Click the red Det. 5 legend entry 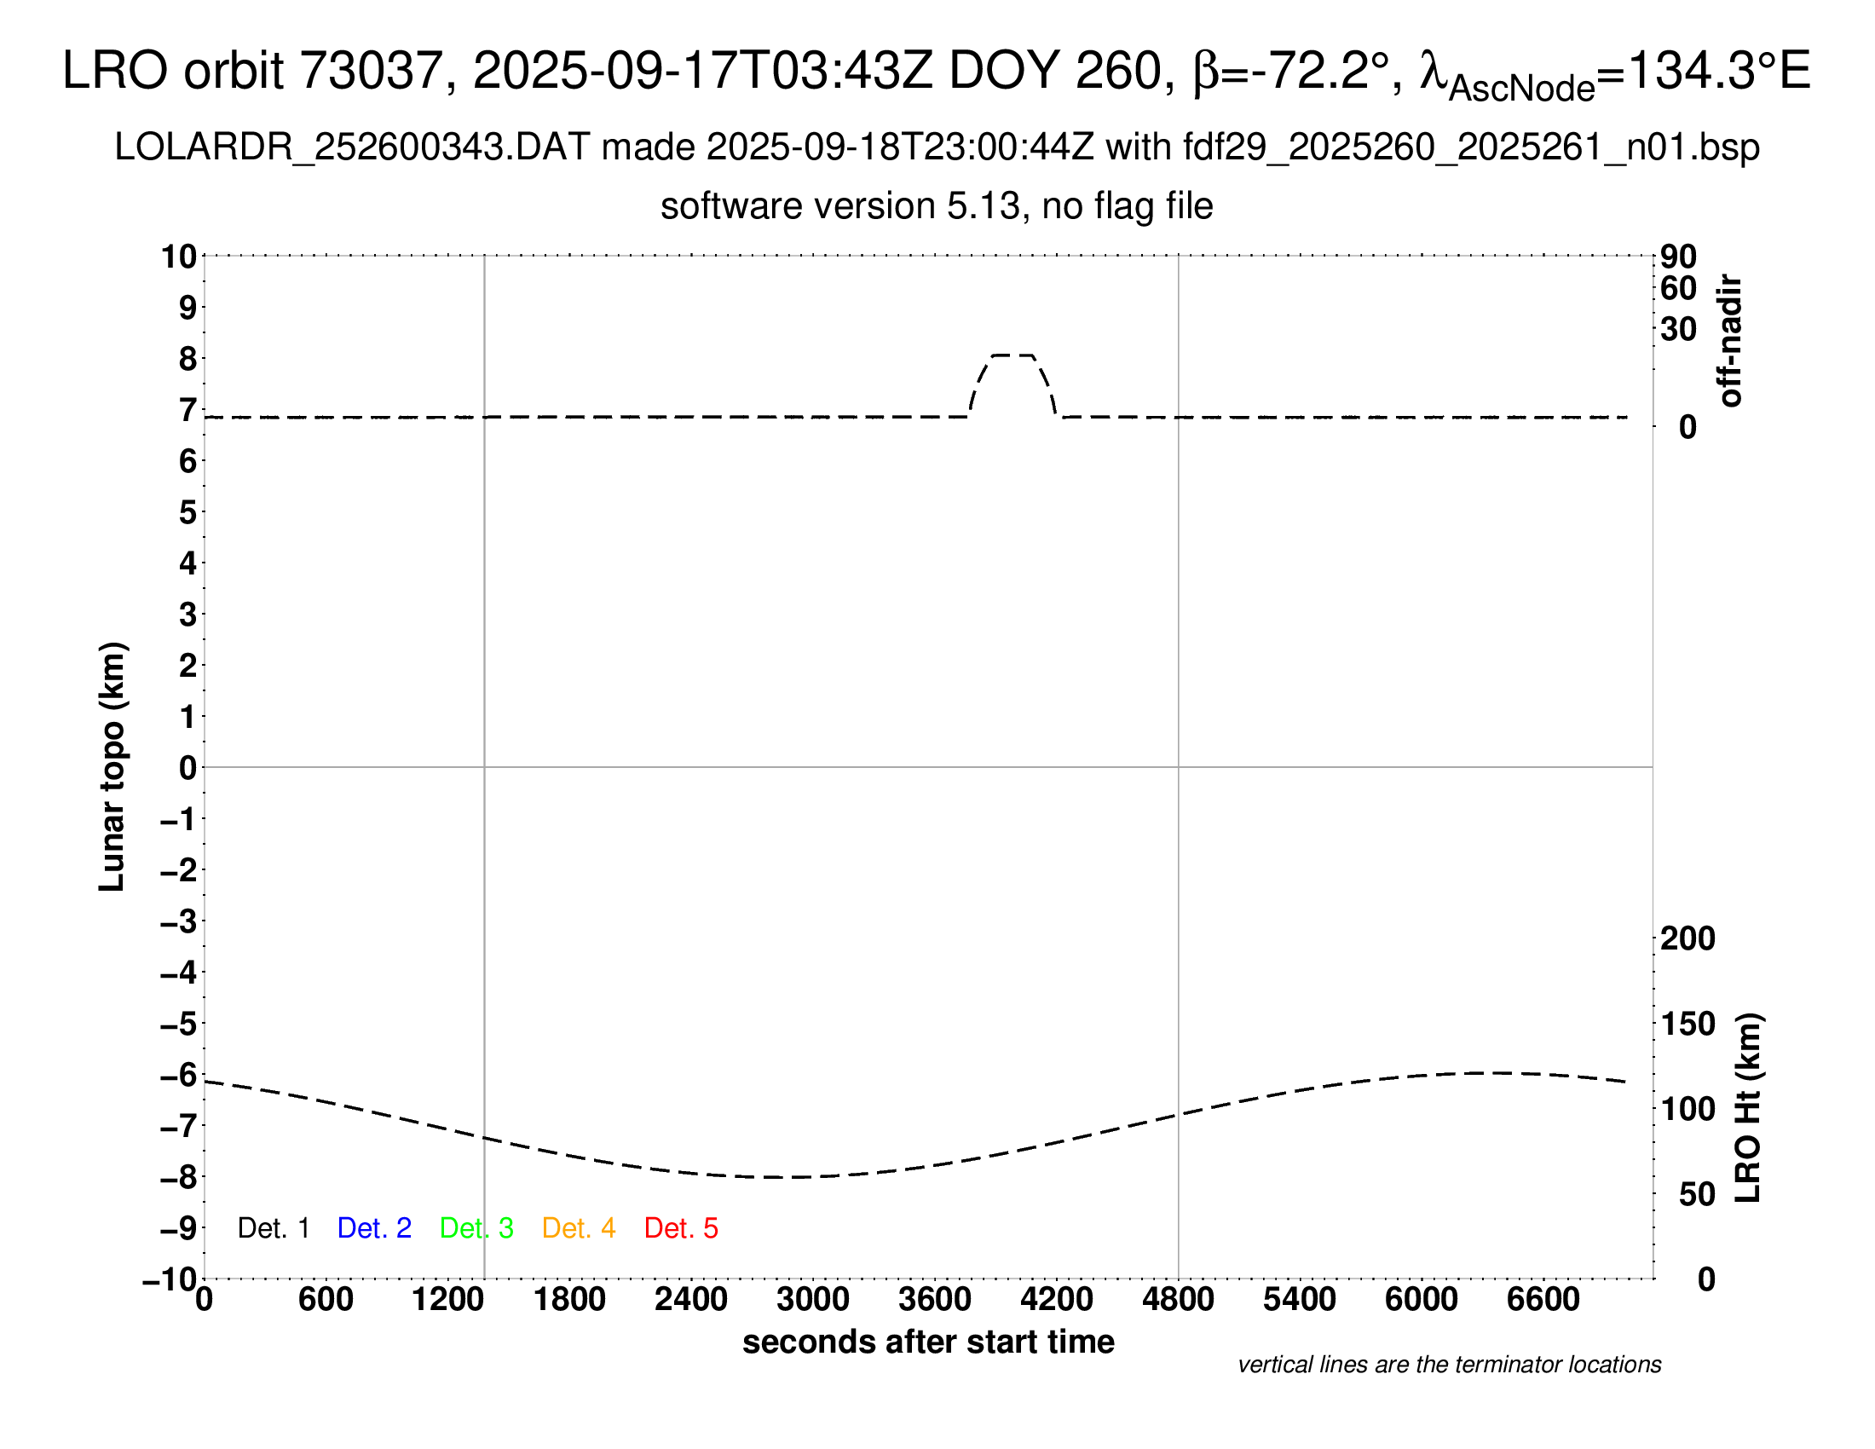click(681, 1228)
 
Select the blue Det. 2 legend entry click(374, 1228)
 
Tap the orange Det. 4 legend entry click(579, 1228)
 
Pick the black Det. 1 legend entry click(273, 1228)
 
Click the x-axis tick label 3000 click(812, 1300)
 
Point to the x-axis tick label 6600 click(1543, 1300)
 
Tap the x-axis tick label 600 click(326, 1300)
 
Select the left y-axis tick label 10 click(179, 257)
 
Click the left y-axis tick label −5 click(179, 1024)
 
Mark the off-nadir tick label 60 click(1678, 288)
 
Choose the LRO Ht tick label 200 click(1687, 938)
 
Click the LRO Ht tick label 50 click(1696, 1194)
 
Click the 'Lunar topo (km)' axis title click(112, 766)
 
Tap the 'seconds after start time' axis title click(928, 1342)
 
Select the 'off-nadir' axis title click(1730, 341)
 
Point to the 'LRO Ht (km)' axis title click(1747, 1108)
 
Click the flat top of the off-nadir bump click(1013, 355)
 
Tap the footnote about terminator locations click(1449, 1365)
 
